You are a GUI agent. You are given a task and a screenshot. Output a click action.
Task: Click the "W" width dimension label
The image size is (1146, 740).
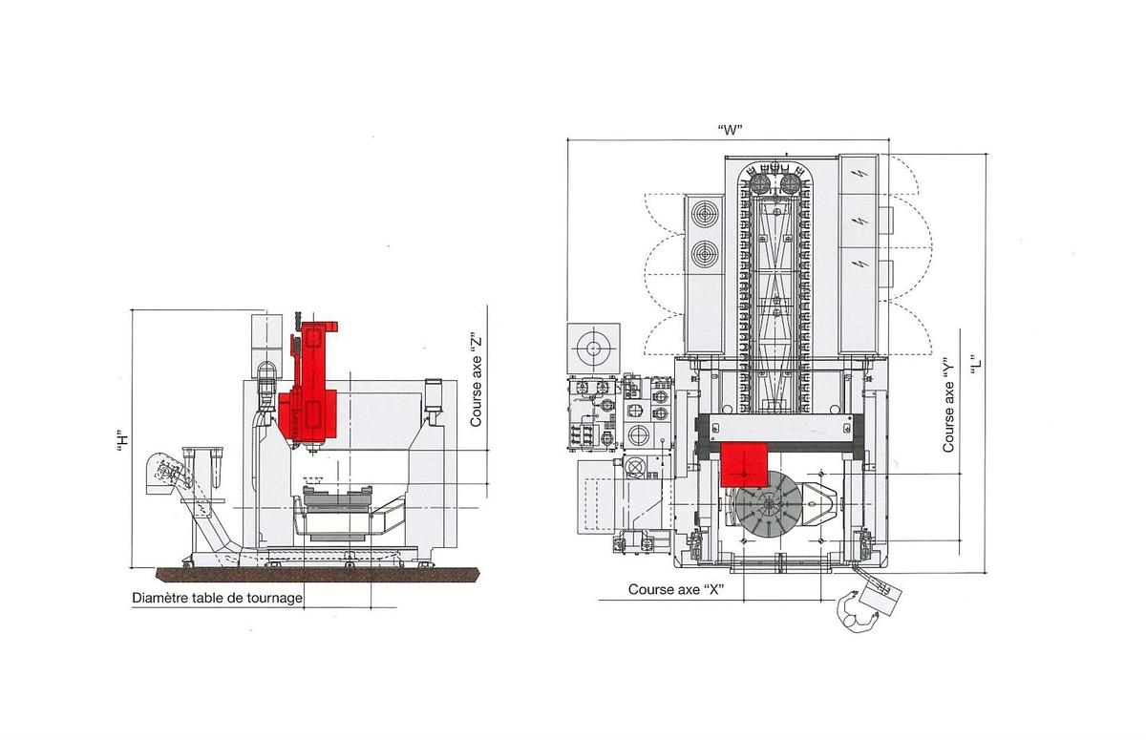click(x=730, y=131)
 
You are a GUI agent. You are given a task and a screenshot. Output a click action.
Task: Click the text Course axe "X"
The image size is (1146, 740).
click(x=675, y=590)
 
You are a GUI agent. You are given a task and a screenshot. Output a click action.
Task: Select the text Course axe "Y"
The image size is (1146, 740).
click(x=948, y=404)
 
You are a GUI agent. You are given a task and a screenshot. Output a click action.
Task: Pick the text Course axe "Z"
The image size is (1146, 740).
click(x=476, y=379)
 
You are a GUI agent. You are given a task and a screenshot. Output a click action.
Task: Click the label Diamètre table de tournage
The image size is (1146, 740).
click(x=217, y=599)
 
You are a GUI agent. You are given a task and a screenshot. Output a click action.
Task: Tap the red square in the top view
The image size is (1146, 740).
click(x=746, y=464)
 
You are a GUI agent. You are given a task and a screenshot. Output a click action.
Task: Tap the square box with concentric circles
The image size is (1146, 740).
click(x=593, y=349)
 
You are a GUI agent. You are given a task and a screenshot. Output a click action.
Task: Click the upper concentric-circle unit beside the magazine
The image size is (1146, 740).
click(x=707, y=213)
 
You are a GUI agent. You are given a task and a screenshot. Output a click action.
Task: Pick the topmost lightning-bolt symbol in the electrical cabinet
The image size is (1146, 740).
click(x=862, y=174)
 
